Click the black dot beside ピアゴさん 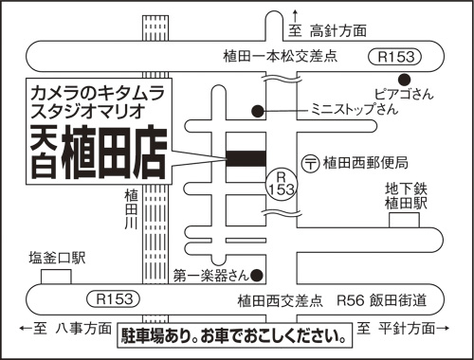(404, 79)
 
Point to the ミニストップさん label (354, 110)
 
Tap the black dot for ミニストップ (257, 111)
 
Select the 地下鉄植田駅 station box (404, 221)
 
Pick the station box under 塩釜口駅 (57, 276)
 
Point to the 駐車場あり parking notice (230, 334)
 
